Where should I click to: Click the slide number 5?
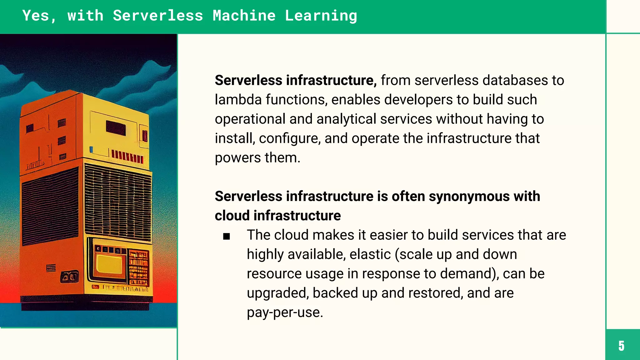tap(621, 346)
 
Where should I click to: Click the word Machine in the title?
tap(244, 16)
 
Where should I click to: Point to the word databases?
tap(515, 80)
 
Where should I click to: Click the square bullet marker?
tap(227, 236)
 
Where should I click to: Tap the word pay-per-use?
tap(284, 312)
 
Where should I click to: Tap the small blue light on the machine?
tap(91, 149)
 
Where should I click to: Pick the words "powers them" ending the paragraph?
tap(257, 158)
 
